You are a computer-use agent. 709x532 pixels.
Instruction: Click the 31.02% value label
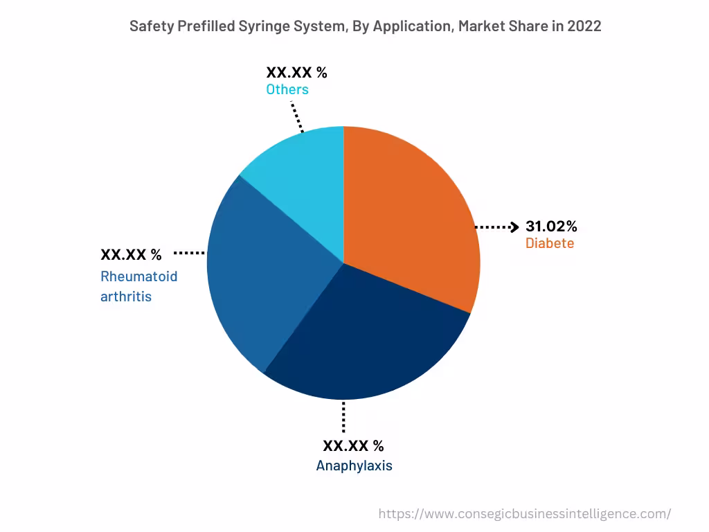(x=551, y=227)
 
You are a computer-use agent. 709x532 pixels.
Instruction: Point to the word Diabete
(x=550, y=243)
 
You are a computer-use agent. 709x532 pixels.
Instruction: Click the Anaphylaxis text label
(x=354, y=465)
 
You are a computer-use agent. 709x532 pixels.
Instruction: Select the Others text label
(x=287, y=89)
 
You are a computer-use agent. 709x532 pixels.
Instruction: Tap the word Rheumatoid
(x=139, y=276)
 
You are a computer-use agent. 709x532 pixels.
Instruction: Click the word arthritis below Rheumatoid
(x=126, y=296)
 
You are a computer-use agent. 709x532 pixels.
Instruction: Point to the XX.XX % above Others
(x=296, y=72)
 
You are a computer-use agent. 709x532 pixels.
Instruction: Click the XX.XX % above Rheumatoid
(x=131, y=254)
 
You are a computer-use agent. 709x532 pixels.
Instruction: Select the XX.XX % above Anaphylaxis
(x=353, y=445)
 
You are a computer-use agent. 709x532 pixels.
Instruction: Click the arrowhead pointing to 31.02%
(x=514, y=227)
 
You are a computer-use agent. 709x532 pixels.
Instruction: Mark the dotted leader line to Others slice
(x=297, y=116)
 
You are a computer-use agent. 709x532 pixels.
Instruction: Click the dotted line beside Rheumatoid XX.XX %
(x=189, y=254)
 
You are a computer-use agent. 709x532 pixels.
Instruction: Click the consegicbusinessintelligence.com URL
(x=525, y=513)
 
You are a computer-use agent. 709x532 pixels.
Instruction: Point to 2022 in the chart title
(x=584, y=26)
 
